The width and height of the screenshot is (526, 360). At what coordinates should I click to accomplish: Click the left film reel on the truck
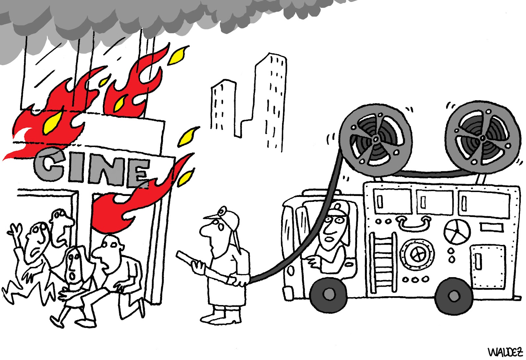click(375, 140)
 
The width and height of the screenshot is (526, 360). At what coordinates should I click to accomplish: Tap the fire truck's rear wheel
click(454, 296)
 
